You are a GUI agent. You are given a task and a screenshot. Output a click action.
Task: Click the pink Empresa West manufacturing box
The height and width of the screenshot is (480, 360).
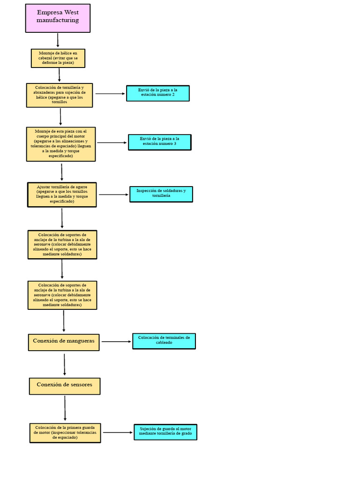click(x=58, y=18)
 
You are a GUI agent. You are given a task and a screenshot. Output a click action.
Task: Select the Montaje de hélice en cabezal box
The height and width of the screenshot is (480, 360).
click(x=59, y=58)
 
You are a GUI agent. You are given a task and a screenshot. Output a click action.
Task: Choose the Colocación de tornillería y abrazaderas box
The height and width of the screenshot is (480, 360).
click(x=60, y=95)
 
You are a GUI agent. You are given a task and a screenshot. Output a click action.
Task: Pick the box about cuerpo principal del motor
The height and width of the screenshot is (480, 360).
click(x=61, y=144)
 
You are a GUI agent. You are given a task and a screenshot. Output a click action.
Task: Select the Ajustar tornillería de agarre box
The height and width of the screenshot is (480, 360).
click(x=62, y=194)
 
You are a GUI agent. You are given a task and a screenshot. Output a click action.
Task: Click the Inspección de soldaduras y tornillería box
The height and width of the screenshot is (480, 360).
click(x=161, y=194)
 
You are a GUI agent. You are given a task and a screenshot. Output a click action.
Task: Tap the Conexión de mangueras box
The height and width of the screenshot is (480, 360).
click(x=64, y=341)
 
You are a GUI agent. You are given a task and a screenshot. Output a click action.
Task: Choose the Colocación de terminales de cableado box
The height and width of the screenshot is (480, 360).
click(x=164, y=341)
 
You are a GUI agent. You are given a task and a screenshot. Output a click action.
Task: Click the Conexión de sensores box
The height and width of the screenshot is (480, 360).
click(x=64, y=385)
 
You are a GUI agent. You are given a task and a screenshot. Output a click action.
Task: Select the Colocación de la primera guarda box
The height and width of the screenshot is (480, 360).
click(x=65, y=433)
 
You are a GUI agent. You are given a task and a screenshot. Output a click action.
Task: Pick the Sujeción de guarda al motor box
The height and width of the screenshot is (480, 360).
click(x=165, y=432)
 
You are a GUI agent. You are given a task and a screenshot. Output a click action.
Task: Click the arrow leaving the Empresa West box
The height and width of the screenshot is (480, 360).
click(x=58, y=40)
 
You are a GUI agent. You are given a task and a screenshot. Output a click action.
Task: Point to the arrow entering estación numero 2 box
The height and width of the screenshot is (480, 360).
click(x=111, y=94)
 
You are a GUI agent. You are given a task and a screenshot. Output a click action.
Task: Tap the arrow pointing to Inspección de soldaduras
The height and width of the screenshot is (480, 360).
click(x=114, y=194)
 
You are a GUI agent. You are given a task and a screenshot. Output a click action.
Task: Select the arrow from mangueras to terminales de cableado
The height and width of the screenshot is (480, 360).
click(x=117, y=342)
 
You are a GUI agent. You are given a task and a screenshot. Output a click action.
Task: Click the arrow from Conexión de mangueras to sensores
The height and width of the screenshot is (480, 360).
click(x=65, y=364)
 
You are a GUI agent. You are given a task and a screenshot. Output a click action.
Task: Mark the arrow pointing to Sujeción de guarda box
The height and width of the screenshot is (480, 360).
click(x=118, y=433)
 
